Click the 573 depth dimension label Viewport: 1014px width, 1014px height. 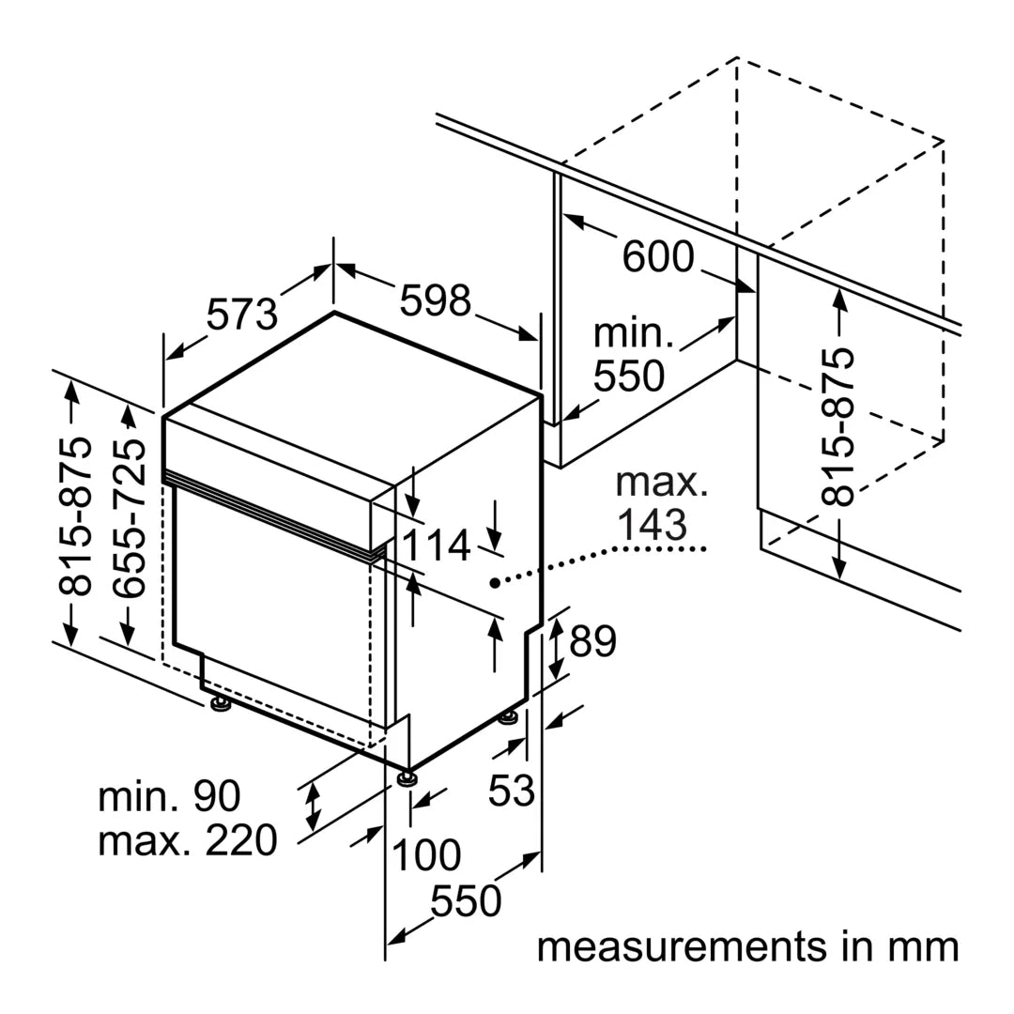242,315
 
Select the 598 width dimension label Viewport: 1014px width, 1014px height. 435,300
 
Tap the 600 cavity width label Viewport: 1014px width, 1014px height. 658,256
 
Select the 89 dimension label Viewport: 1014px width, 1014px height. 592,642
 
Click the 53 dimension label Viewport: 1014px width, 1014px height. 511,791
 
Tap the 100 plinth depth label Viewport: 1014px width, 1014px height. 426,855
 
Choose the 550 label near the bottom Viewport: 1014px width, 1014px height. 466,901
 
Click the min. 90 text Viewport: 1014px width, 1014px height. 170,796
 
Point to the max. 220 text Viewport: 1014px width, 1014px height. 188,839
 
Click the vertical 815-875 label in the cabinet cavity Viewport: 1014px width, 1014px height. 839,426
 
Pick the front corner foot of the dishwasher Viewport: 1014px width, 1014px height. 407,779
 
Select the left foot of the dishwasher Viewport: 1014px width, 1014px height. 221,704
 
